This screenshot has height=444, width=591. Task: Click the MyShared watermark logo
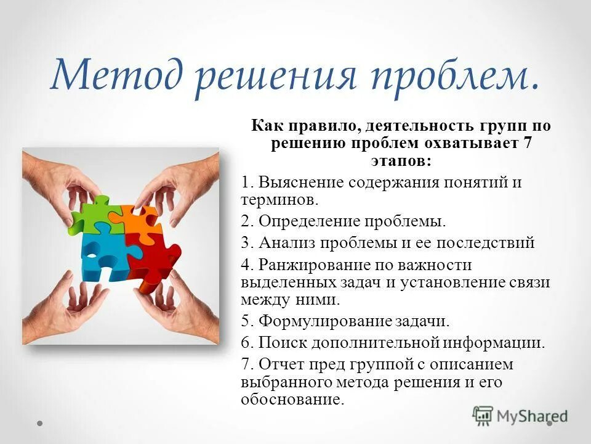point(520,414)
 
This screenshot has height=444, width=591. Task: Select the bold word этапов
point(400,160)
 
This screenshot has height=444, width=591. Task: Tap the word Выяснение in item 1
point(302,183)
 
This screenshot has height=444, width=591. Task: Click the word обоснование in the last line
point(291,400)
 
